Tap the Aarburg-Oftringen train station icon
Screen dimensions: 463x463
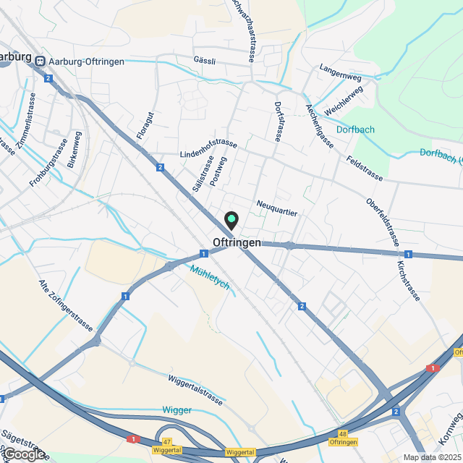(x=41, y=61)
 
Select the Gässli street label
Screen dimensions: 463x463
(x=205, y=61)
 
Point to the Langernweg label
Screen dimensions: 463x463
(x=340, y=69)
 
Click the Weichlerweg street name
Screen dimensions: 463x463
(x=344, y=100)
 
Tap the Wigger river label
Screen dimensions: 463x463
(x=177, y=410)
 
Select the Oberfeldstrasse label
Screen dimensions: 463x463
(x=383, y=222)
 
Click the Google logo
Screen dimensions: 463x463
(x=23, y=454)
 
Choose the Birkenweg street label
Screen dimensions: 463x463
(x=75, y=150)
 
